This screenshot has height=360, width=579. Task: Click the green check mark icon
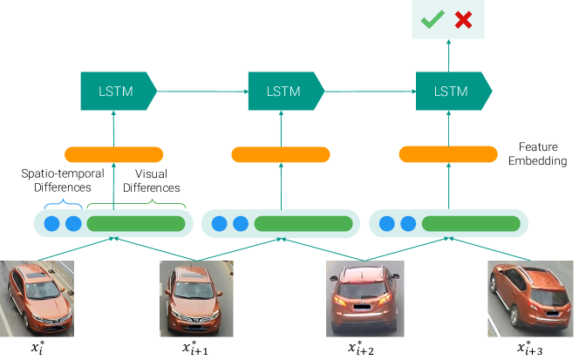click(x=432, y=20)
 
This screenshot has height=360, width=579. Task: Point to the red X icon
click(x=463, y=20)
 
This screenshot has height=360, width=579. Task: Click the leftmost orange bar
click(x=113, y=154)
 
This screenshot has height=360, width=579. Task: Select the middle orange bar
click(x=281, y=154)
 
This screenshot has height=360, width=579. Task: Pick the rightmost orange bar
click(x=448, y=154)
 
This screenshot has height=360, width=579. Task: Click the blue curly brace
click(x=63, y=205)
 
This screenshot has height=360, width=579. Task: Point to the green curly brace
click(x=136, y=204)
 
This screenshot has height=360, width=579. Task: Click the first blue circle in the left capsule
click(x=51, y=224)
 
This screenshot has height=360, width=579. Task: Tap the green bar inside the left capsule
click(x=136, y=224)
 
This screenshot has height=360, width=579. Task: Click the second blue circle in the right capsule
click(x=408, y=224)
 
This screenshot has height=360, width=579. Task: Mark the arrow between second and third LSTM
click(x=370, y=92)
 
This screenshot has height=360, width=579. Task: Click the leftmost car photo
click(x=37, y=298)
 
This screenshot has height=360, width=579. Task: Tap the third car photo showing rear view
click(x=362, y=298)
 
